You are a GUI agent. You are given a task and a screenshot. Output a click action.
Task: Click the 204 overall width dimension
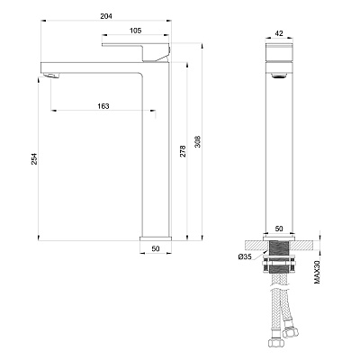pyautogui.click(x=106, y=16)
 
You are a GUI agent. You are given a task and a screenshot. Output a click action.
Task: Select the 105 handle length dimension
pyautogui.click(x=135, y=31)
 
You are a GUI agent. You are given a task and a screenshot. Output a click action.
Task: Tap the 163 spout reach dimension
pyautogui.click(x=103, y=106)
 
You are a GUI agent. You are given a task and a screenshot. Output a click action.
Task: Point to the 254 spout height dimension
pyautogui.click(x=34, y=158)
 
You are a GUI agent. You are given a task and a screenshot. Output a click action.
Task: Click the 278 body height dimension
pyautogui.click(x=183, y=151)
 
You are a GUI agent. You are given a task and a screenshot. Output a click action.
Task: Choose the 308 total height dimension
pyautogui.click(x=198, y=142)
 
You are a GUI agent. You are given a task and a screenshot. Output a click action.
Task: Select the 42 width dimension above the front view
pyautogui.click(x=279, y=33)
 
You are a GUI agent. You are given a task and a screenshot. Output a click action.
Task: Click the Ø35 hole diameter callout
pyautogui.click(x=245, y=256)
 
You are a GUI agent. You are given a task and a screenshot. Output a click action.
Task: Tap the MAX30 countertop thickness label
pyautogui.click(x=317, y=273)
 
